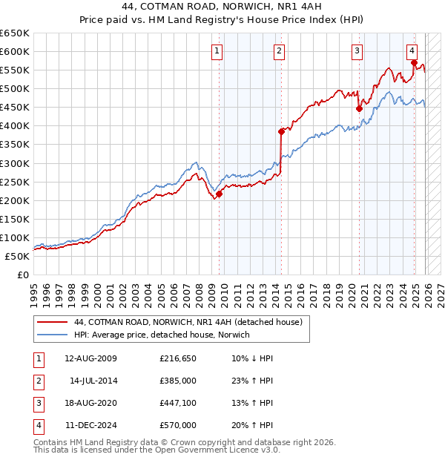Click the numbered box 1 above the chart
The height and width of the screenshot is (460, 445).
tap(217, 51)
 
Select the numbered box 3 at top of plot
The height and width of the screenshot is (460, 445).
tap(357, 51)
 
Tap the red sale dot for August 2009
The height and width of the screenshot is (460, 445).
tap(220, 194)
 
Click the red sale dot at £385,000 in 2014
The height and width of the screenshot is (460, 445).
tap(281, 131)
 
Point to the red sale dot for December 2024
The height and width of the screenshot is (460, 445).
tap(414, 62)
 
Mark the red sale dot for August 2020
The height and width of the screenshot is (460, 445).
tap(359, 108)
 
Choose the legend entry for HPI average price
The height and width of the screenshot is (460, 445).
tap(162, 335)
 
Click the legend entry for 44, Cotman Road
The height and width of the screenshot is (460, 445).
tap(188, 323)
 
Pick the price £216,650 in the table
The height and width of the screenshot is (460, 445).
tap(178, 358)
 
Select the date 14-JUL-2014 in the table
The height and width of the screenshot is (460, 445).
tap(93, 381)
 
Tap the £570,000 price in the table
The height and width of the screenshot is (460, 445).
tap(178, 425)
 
